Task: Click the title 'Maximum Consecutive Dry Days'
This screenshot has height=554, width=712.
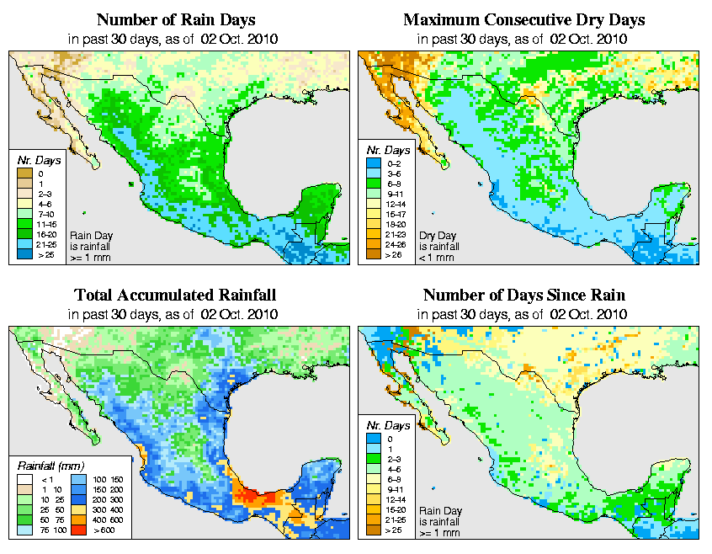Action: pyautogui.click(x=524, y=19)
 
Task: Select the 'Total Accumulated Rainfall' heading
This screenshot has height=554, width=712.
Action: pyautogui.click(x=175, y=295)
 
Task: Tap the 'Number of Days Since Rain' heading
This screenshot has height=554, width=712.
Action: pyautogui.click(x=524, y=295)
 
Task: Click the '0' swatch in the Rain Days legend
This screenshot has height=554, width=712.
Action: pyautogui.click(x=23, y=174)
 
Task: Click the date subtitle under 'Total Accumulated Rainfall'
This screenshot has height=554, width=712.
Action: pyautogui.click(x=174, y=314)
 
